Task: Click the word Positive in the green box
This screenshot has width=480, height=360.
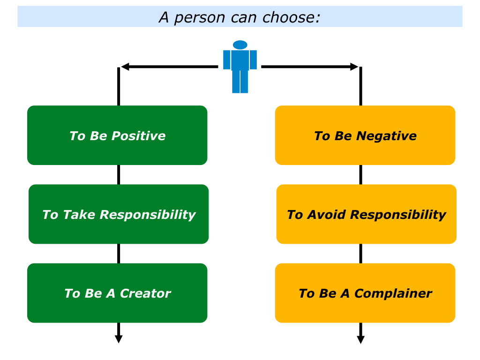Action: tap(138, 135)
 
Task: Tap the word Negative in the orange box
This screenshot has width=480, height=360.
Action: tap(386, 135)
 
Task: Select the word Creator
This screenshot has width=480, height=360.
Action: tap(145, 293)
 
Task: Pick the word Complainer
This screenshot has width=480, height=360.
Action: tap(393, 293)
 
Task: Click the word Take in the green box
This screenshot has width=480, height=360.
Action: tap(79, 215)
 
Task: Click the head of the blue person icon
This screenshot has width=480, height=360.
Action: tap(240, 45)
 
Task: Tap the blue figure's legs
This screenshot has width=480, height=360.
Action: tap(240, 82)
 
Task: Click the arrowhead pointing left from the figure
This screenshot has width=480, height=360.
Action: tap(125, 67)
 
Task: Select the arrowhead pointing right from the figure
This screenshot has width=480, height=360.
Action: tap(354, 67)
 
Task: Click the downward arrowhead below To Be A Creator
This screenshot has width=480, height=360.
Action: tap(119, 339)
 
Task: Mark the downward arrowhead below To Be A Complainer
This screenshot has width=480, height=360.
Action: tap(360, 339)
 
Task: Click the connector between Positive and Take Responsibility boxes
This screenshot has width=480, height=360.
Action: tap(119, 175)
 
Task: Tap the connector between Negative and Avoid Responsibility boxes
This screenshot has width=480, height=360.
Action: tap(360, 175)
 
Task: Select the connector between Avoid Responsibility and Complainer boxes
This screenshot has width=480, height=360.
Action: tap(360, 254)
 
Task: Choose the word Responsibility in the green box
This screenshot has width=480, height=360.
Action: tap(148, 215)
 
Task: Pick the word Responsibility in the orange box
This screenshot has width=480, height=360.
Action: tap(398, 215)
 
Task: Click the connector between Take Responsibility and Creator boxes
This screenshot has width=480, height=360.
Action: tap(119, 254)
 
